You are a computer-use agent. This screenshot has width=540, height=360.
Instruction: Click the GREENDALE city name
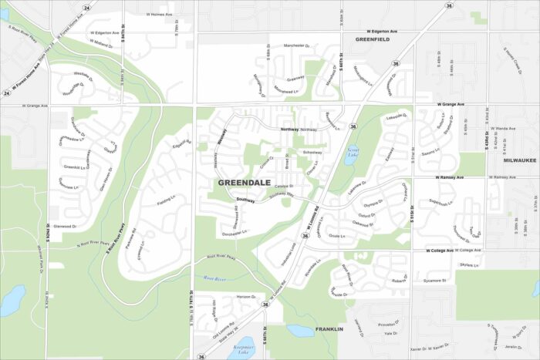[244, 183]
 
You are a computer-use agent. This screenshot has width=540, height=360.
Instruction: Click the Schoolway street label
[312, 152]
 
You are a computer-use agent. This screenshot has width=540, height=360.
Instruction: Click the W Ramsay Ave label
[449, 177]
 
